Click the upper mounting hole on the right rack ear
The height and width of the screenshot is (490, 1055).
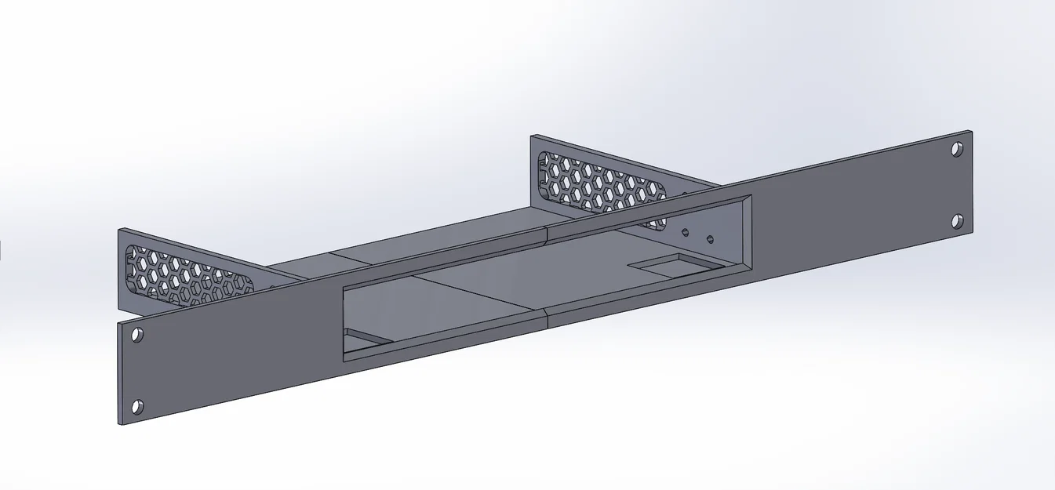(957, 148)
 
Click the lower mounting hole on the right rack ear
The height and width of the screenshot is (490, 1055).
(957, 221)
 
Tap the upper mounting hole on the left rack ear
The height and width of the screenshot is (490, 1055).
(137, 335)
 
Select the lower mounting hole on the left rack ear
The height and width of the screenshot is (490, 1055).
(137, 406)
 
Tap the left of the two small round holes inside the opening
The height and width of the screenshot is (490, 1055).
(685, 232)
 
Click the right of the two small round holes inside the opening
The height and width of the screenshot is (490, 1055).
(710, 238)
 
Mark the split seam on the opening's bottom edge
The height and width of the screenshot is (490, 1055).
(546, 316)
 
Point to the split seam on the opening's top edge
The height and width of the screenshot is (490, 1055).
(546, 232)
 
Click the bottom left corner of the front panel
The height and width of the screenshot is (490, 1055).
(121, 424)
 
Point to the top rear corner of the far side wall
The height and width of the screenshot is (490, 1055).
(532, 136)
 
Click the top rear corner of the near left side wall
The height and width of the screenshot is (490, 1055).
(119, 230)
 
